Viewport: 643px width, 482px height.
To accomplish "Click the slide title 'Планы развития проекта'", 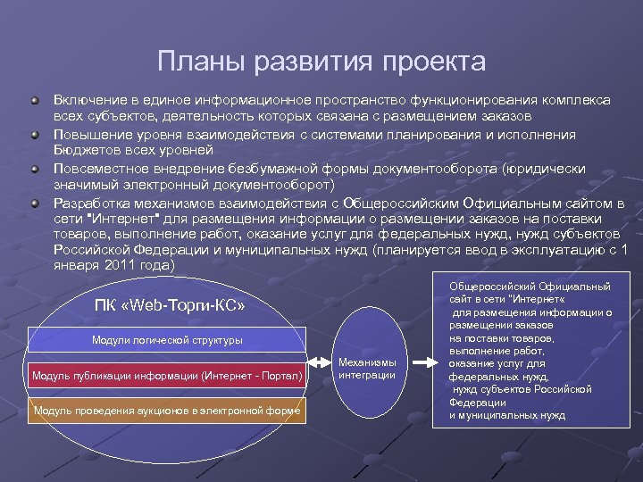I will (x=321, y=62).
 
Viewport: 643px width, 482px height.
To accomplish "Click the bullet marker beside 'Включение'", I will (x=35, y=100).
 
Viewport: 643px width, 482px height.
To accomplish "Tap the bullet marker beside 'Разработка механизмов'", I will (x=35, y=203).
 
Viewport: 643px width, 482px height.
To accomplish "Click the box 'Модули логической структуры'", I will (x=167, y=339).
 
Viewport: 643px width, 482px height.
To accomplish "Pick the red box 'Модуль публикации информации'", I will (x=167, y=376).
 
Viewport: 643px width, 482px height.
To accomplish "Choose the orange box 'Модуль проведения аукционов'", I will (x=167, y=411).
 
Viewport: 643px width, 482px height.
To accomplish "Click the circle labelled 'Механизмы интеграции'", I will (x=367, y=367).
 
